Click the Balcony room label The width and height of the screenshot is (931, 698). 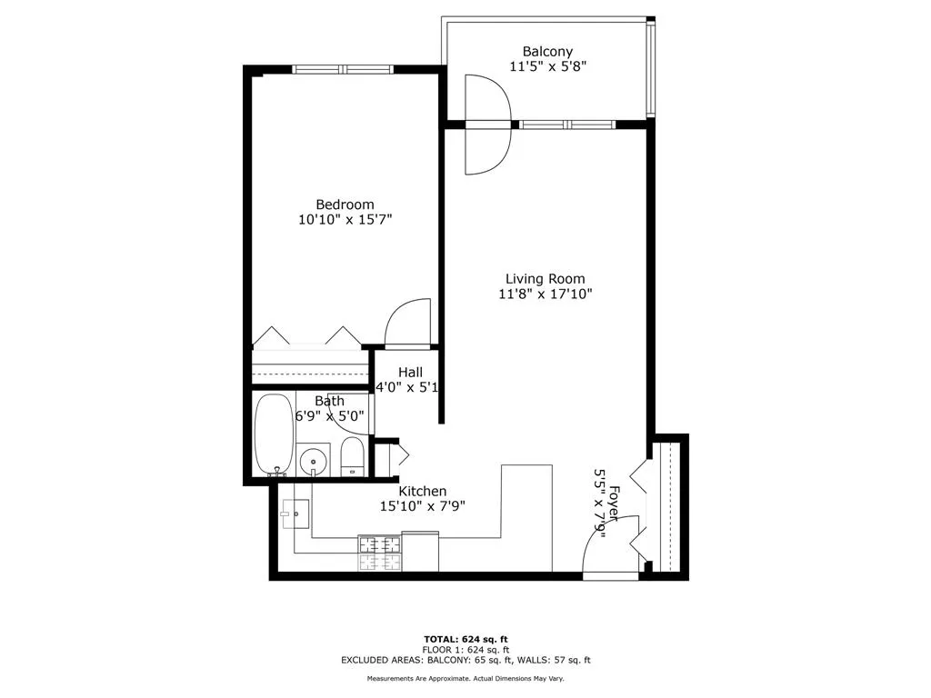point(547,52)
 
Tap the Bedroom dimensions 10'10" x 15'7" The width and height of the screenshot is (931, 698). point(345,219)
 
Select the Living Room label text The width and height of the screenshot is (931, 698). point(546,279)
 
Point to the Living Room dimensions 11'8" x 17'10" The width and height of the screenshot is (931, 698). point(546,294)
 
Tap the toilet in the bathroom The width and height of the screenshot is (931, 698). point(352,455)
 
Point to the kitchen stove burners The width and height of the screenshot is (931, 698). point(379,553)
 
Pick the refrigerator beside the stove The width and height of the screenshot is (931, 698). point(420,552)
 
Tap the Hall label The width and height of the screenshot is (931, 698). point(410,372)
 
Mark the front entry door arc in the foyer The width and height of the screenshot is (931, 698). point(601,553)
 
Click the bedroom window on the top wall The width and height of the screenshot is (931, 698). point(343,69)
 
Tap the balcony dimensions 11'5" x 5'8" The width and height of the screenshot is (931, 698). point(547,66)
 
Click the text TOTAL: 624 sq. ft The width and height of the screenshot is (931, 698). point(465,638)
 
